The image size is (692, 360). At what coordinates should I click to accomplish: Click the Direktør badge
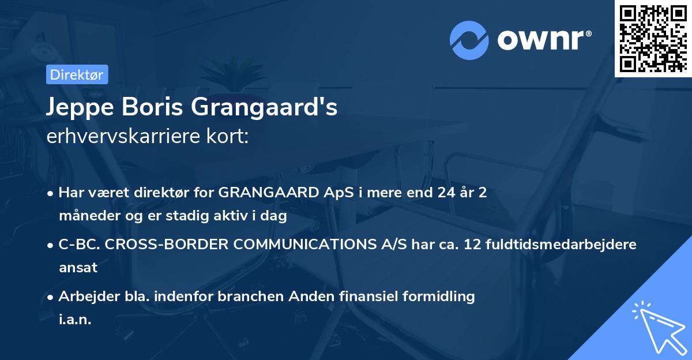(x=77, y=74)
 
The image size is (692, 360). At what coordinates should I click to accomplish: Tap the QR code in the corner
(x=653, y=38)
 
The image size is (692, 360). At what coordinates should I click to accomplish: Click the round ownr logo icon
(x=469, y=40)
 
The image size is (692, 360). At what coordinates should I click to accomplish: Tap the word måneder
(x=85, y=216)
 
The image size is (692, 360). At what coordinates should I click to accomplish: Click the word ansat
(x=78, y=268)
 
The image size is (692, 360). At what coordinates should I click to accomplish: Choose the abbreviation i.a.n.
(x=75, y=320)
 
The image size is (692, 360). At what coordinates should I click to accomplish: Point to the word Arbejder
(x=84, y=297)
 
